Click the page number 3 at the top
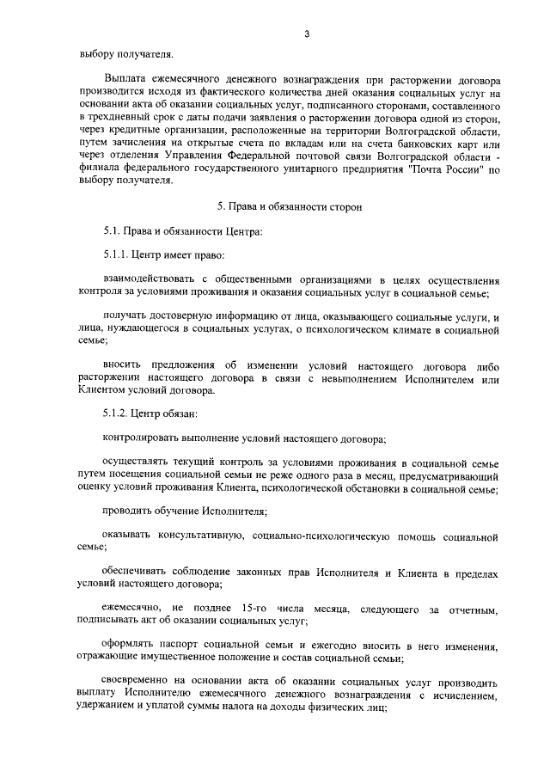(305, 34)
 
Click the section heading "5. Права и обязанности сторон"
(284, 207)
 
